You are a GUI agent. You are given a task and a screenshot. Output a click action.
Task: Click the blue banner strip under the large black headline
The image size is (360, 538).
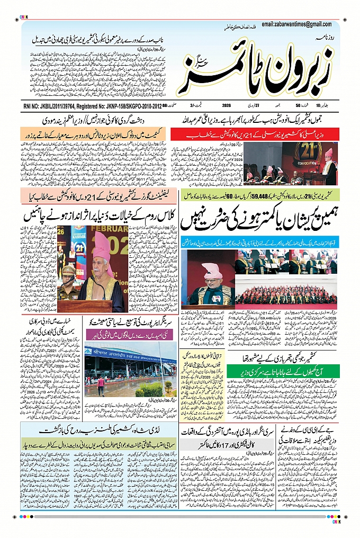259,244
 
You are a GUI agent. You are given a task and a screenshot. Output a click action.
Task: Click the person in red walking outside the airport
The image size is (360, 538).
101,384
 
